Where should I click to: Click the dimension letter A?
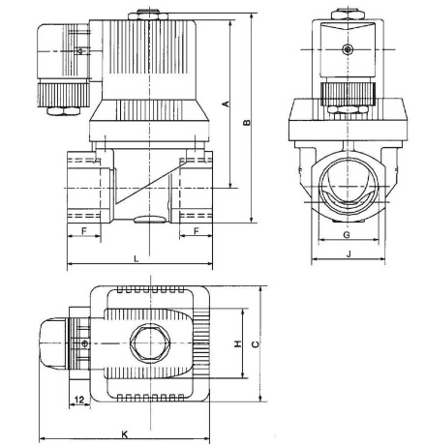pyautogui.click(x=226, y=104)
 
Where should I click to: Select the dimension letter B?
pyautogui.click(x=247, y=122)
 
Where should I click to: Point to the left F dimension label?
pyautogui.click(x=84, y=231)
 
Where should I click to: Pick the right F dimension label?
pyautogui.click(x=197, y=231)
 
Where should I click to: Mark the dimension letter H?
pyautogui.click(x=237, y=344)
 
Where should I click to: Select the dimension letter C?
pyautogui.click(x=254, y=344)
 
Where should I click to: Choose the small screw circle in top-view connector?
pyautogui.click(x=86, y=343)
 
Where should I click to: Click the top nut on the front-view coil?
pyautogui.click(x=346, y=15)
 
